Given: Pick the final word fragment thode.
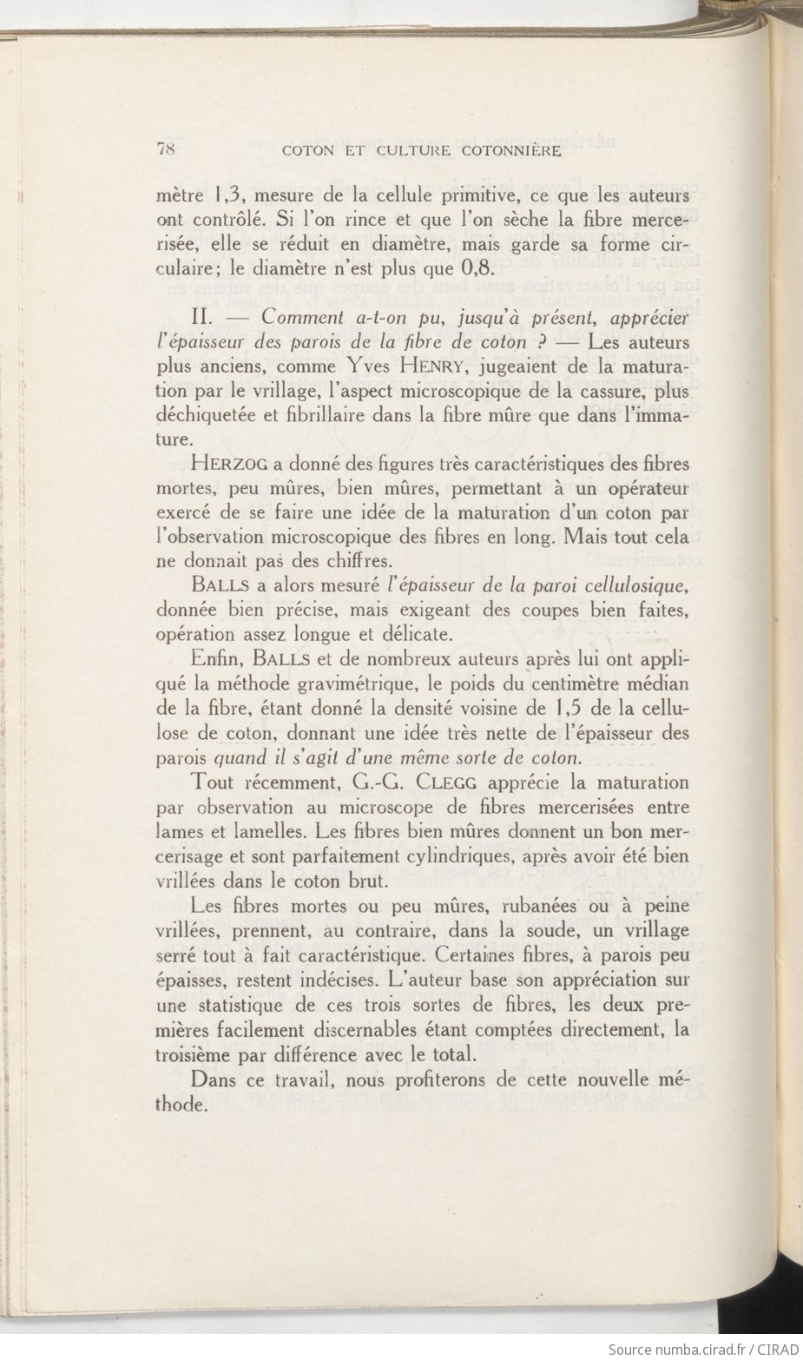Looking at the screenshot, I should (183, 1106).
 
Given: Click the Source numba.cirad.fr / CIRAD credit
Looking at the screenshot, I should (703, 1349).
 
